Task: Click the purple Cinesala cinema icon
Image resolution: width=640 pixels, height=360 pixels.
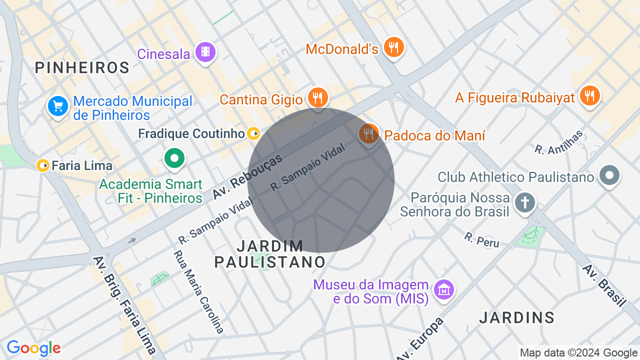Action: pyautogui.click(x=205, y=51)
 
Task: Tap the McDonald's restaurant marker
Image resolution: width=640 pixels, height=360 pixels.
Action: pyautogui.click(x=394, y=47)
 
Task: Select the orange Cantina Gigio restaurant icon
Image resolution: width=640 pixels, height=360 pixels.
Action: pyautogui.click(x=317, y=97)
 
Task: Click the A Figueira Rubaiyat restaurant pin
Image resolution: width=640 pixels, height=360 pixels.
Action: pyautogui.click(x=590, y=95)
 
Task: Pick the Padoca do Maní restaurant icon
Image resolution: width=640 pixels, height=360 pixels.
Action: pyautogui.click(x=368, y=133)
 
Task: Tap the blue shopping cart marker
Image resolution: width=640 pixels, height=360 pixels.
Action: pyautogui.click(x=58, y=106)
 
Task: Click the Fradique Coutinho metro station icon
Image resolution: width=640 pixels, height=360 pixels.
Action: pyautogui.click(x=254, y=133)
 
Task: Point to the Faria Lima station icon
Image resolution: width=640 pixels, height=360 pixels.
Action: pyautogui.click(x=43, y=165)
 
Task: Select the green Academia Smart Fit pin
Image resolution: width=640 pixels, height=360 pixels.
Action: pyautogui.click(x=174, y=159)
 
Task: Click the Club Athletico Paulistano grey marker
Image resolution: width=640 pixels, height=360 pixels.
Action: pyautogui.click(x=610, y=175)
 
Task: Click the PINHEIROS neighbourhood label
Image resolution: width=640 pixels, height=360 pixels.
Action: pyautogui.click(x=82, y=67)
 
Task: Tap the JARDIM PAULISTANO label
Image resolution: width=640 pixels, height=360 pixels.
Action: pyautogui.click(x=270, y=253)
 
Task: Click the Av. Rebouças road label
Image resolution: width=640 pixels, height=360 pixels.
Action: pyautogui.click(x=247, y=175)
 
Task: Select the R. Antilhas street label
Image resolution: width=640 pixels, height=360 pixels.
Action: pyautogui.click(x=559, y=142)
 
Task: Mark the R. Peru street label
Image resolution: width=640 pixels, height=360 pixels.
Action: pyautogui.click(x=481, y=239)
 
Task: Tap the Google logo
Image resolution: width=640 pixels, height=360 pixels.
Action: pyautogui.click(x=33, y=348)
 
